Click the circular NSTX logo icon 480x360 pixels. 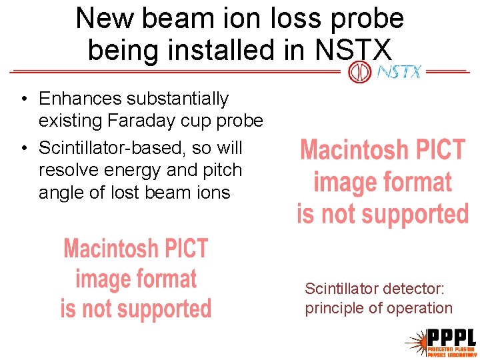(360, 71)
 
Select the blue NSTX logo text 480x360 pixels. (399, 71)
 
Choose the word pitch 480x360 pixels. (222, 170)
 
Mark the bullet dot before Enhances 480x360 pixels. (24, 100)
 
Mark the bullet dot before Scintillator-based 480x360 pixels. (24, 149)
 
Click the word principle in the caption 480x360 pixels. (335, 308)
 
